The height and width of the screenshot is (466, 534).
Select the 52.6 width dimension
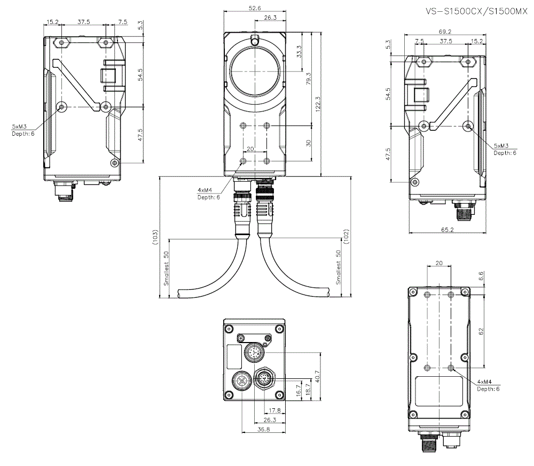(x=255, y=7)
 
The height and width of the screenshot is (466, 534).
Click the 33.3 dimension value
(x=299, y=52)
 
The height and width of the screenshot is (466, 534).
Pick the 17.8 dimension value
(x=274, y=410)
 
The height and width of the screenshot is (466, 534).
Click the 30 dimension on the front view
(x=309, y=143)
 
